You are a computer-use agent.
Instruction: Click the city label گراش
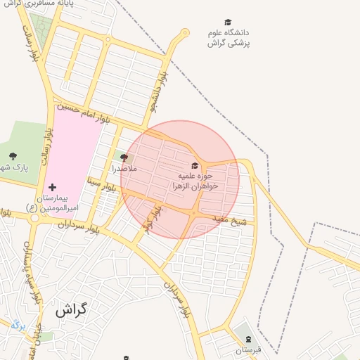pyautogui.click(x=70, y=309)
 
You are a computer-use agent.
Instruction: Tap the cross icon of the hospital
pyautogui.click(x=53, y=188)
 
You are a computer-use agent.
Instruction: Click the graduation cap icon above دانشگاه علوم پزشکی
pyautogui.click(x=227, y=22)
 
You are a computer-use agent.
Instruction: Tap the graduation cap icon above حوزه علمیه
pyautogui.click(x=195, y=165)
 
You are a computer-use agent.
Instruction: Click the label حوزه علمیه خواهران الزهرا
pyautogui.click(x=195, y=181)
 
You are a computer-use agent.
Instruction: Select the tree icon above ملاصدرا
pyautogui.click(x=124, y=157)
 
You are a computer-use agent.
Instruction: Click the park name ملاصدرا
pyautogui.click(x=124, y=169)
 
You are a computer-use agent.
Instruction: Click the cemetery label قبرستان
pyautogui.click(x=247, y=349)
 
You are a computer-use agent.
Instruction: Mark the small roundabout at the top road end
pyautogui.click(x=185, y=32)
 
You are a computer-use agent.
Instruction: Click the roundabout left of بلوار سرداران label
pyautogui.click(x=34, y=218)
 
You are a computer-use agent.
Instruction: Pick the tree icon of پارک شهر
pyautogui.click(x=12, y=156)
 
